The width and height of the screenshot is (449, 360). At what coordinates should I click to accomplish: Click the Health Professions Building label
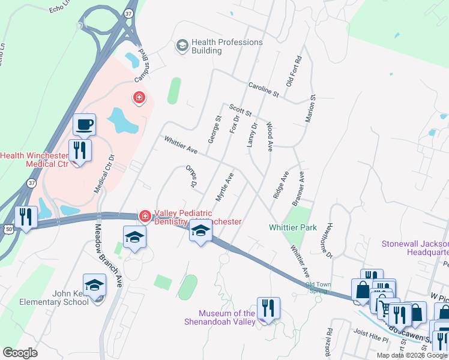(x=227, y=46)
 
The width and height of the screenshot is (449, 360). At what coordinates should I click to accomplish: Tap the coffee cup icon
(x=84, y=125)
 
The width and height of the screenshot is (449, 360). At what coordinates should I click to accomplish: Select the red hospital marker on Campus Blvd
(x=139, y=97)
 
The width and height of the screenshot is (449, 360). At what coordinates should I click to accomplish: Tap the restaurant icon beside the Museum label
(x=268, y=308)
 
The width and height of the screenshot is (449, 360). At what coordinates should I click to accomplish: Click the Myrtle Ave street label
(x=224, y=187)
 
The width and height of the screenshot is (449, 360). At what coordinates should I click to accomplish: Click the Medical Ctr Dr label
(x=104, y=174)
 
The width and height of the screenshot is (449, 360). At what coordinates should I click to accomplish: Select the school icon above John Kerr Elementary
(x=94, y=286)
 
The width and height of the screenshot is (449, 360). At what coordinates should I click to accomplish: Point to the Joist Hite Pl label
(x=372, y=339)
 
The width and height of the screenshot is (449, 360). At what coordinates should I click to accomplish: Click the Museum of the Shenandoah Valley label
(x=227, y=317)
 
